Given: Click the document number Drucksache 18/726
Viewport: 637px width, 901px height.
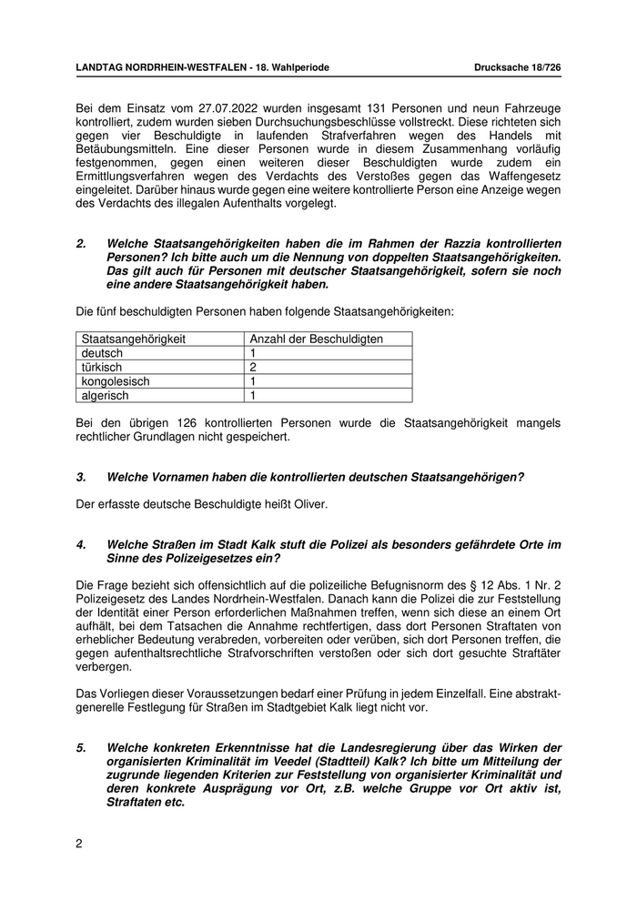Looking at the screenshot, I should click(x=517, y=68).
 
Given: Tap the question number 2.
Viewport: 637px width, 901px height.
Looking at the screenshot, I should click(x=81, y=244).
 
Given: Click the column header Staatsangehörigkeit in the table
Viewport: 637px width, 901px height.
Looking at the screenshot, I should click(x=134, y=339).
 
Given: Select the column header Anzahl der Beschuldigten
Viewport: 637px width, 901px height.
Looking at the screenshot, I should click(x=316, y=339).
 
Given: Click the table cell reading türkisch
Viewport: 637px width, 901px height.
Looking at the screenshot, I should click(x=102, y=368).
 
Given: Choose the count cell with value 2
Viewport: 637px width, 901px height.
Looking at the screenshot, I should click(x=253, y=368).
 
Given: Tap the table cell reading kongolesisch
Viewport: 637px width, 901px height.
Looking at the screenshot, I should click(x=115, y=381).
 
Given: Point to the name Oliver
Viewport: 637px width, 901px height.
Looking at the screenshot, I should click(x=308, y=504).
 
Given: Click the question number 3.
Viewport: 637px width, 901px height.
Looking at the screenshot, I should click(x=81, y=477).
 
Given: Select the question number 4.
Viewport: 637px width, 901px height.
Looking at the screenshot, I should click(x=81, y=544).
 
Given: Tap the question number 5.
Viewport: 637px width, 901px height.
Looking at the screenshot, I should click(x=81, y=748).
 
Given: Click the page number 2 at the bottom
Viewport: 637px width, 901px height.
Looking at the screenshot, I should click(x=79, y=844).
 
